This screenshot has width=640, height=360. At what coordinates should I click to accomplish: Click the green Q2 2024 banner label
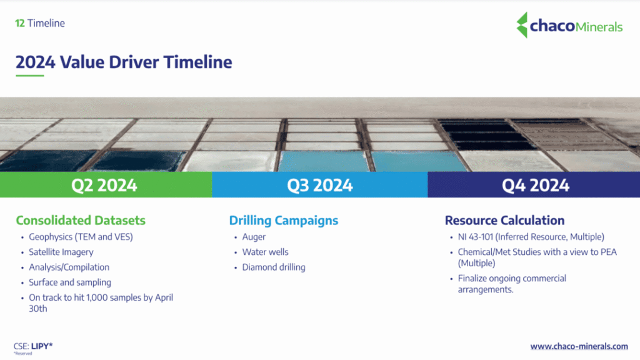pos(104,185)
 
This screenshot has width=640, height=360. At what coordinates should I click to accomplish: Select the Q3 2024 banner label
pos(319,185)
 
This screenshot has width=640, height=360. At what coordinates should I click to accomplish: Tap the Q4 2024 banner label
pos(536,185)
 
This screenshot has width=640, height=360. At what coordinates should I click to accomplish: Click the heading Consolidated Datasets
pos(81,221)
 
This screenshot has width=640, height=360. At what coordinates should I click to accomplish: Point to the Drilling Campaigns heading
pos(284,221)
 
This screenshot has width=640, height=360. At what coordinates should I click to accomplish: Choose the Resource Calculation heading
pos(504,221)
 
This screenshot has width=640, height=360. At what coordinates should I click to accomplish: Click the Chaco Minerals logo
pos(569,25)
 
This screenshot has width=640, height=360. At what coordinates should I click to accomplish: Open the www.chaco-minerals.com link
pos(579,346)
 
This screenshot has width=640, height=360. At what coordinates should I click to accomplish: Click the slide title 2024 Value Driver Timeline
pos(124,62)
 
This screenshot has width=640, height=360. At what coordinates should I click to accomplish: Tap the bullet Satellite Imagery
pos(61,252)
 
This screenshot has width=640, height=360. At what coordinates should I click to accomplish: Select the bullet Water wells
pos(265,252)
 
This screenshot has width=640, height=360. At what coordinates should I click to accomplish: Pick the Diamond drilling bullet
pos(274,267)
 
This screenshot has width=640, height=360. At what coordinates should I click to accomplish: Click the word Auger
pos(254,237)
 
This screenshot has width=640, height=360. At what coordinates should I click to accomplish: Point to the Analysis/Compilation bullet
pos(69,267)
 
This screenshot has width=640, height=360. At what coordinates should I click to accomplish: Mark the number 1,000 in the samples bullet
pos(97,297)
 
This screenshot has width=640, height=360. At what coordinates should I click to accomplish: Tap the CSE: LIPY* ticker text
pos(33,346)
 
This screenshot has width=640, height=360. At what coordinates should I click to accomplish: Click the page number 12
pos(20,23)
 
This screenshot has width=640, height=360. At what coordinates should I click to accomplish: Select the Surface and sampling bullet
pos(70,282)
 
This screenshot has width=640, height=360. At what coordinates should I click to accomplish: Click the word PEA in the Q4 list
pos(609,252)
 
